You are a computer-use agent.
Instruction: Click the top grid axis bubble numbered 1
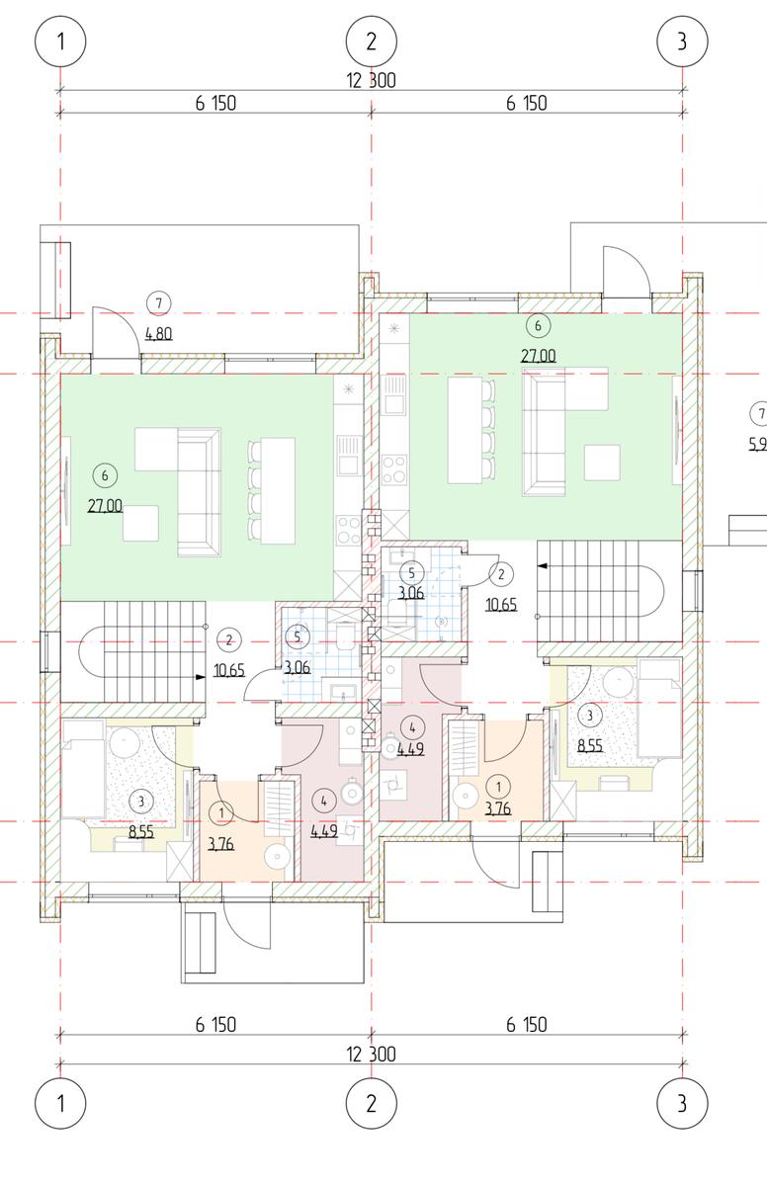(x=60, y=42)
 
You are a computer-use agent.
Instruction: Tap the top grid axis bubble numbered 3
(x=682, y=42)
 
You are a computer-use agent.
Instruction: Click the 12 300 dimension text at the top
(x=371, y=80)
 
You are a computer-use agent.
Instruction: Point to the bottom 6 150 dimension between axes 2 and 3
(x=527, y=1025)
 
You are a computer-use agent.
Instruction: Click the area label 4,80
(x=159, y=334)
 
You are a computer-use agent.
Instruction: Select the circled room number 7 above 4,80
(x=159, y=303)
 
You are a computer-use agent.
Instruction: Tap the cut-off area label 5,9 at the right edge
(x=758, y=443)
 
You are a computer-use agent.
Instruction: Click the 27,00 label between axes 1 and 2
(x=105, y=506)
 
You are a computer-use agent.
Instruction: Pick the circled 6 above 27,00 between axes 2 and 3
(x=539, y=325)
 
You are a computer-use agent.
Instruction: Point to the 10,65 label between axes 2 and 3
(x=501, y=604)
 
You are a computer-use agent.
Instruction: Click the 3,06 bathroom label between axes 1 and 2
(x=298, y=667)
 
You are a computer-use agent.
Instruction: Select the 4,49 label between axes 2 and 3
(x=410, y=749)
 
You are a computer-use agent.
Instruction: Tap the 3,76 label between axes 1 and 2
(x=221, y=843)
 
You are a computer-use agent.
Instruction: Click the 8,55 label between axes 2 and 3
(x=590, y=745)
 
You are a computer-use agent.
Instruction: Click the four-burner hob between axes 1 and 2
(x=348, y=530)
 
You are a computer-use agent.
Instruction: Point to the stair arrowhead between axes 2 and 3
(x=543, y=565)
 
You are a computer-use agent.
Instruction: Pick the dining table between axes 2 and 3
(x=466, y=430)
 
